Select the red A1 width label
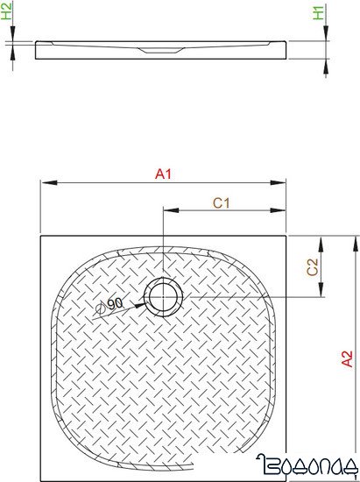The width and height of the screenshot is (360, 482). click(x=162, y=174)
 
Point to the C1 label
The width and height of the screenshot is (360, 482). click(x=222, y=202)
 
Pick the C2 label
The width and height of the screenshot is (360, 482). click(x=311, y=267)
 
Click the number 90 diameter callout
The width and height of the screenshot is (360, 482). click(x=115, y=301)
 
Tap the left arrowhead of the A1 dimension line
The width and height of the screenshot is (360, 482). click(x=46, y=183)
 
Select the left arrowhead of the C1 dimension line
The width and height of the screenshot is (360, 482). click(x=167, y=211)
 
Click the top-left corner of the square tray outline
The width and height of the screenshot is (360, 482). click(x=40, y=235)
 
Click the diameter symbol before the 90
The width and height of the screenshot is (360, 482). click(x=101, y=308)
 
